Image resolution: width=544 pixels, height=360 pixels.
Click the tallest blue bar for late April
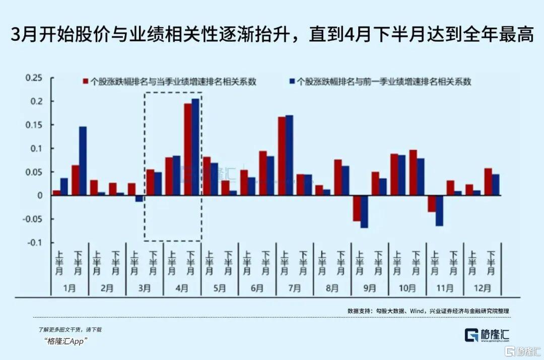[195, 147]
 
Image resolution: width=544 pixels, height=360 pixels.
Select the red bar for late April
[187, 149]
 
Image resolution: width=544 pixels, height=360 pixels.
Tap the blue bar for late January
[83, 161]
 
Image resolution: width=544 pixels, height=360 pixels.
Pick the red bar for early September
[357, 208]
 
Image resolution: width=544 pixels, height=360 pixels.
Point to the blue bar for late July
[289, 155]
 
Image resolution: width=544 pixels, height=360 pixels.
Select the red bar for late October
[413, 172]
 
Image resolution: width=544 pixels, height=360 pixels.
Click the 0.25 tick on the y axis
[35, 78]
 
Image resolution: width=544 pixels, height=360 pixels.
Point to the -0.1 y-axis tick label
[35, 243]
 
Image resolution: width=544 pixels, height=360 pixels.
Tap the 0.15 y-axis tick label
[35, 125]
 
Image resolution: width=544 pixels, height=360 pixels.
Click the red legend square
[86, 81]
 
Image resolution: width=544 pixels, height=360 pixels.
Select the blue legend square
[292, 81]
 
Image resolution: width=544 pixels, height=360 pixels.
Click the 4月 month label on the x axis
[182, 289]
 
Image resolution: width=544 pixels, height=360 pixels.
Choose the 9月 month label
[369, 289]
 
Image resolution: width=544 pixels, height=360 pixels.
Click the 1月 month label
[70, 289]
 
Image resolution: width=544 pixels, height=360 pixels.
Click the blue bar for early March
[139, 198]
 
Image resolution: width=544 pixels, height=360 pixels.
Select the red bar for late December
[488, 182]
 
